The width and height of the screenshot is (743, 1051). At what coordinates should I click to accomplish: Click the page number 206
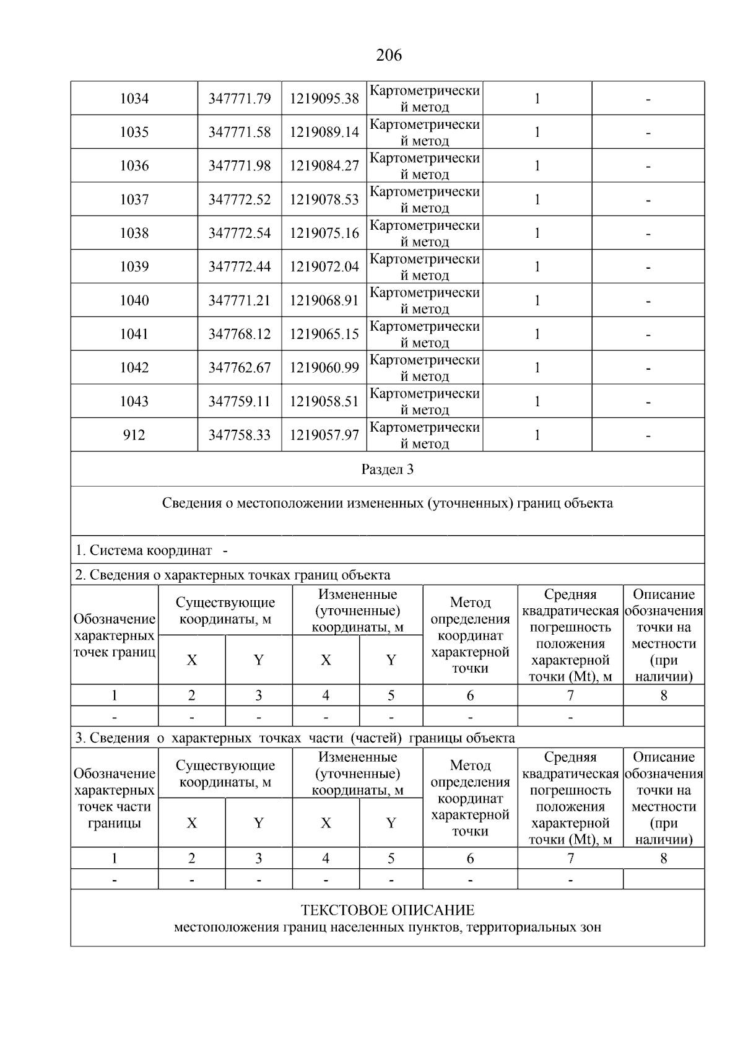tap(388, 56)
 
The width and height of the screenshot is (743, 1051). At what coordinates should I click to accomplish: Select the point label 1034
tap(134, 98)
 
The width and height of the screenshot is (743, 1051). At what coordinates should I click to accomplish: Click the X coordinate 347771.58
tap(239, 132)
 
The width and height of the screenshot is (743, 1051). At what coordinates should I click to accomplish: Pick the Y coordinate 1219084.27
tap(324, 166)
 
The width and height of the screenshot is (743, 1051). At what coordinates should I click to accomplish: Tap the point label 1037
tap(134, 199)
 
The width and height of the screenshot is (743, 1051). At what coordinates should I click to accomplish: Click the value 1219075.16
tap(324, 233)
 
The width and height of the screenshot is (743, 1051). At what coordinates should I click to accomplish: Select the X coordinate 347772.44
tap(239, 267)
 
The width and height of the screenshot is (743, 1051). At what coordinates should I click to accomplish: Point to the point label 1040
tap(134, 300)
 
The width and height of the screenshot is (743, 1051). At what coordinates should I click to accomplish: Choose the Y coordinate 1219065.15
tap(324, 334)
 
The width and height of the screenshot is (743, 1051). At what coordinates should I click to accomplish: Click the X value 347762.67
tap(239, 368)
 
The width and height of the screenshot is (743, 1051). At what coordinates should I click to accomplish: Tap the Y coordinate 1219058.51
tap(324, 401)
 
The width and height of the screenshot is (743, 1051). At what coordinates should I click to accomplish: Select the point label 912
tap(134, 435)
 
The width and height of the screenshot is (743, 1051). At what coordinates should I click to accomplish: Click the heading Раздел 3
tap(387, 469)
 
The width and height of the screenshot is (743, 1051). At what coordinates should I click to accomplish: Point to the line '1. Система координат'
tap(144, 551)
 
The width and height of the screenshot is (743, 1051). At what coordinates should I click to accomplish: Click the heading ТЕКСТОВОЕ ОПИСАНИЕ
tap(387, 910)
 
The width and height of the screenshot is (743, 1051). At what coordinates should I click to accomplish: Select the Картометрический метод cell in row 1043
tap(424, 401)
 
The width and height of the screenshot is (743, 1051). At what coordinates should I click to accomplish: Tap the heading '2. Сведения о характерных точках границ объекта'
tap(233, 575)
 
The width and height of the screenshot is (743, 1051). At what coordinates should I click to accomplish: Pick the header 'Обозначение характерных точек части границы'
tap(114, 798)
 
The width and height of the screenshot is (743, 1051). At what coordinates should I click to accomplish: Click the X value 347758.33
tap(239, 435)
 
